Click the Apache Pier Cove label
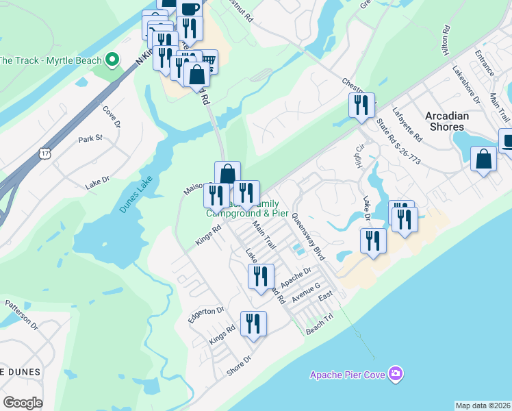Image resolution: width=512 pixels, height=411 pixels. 348,374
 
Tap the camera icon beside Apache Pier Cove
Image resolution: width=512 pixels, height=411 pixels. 395,373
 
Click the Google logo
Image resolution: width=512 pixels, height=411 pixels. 23,403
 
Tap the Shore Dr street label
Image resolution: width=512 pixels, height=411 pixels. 239,363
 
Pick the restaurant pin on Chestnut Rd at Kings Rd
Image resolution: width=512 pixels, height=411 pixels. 361,105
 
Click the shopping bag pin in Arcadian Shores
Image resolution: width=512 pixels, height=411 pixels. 483,159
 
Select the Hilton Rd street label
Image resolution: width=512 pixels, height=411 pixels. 447,41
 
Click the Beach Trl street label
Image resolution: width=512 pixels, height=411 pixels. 319,329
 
